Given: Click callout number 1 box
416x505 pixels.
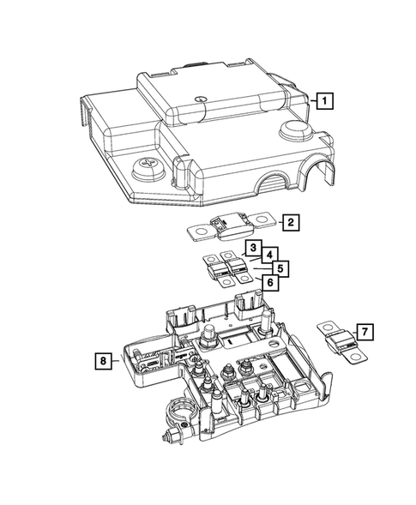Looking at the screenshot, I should tap(323, 101).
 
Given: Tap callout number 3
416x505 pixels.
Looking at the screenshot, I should tap(251, 249).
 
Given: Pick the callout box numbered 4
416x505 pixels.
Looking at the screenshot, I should tap(268, 255).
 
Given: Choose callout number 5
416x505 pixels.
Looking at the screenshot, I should tap(278, 268).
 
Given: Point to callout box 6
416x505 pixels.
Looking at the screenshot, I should tap(268, 282).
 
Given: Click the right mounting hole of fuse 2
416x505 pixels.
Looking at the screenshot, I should tap(262, 225).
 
